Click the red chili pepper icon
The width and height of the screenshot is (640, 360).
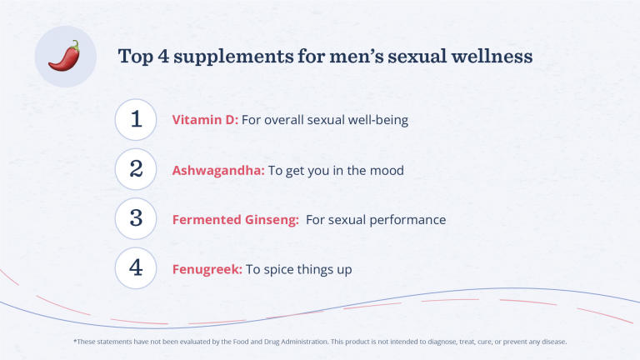click(x=63, y=56)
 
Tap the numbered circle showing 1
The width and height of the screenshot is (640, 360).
click(x=136, y=120)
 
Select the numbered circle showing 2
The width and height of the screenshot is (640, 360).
click(x=136, y=169)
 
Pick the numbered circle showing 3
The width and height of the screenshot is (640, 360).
click(x=136, y=219)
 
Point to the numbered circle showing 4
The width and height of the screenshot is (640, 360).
click(x=136, y=269)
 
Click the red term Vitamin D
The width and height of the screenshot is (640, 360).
click(x=205, y=120)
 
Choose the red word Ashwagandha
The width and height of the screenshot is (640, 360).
click(x=218, y=170)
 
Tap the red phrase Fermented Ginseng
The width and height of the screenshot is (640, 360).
click(x=235, y=220)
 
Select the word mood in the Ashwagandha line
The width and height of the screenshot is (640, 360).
click(x=387, y=170)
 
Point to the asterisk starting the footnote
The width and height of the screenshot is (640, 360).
click(x=75, y=341)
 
